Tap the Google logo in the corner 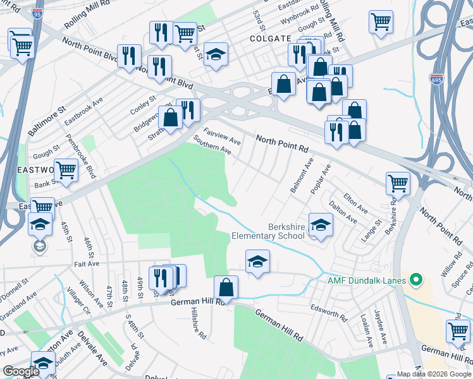[x=21, y=371]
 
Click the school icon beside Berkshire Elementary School [x=321, y=226]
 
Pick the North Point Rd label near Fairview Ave [x=281, y=143]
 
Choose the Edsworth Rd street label [x=329, y=311]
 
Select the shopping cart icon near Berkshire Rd [x=398, y=183]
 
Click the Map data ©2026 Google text [x=434, y=374]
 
